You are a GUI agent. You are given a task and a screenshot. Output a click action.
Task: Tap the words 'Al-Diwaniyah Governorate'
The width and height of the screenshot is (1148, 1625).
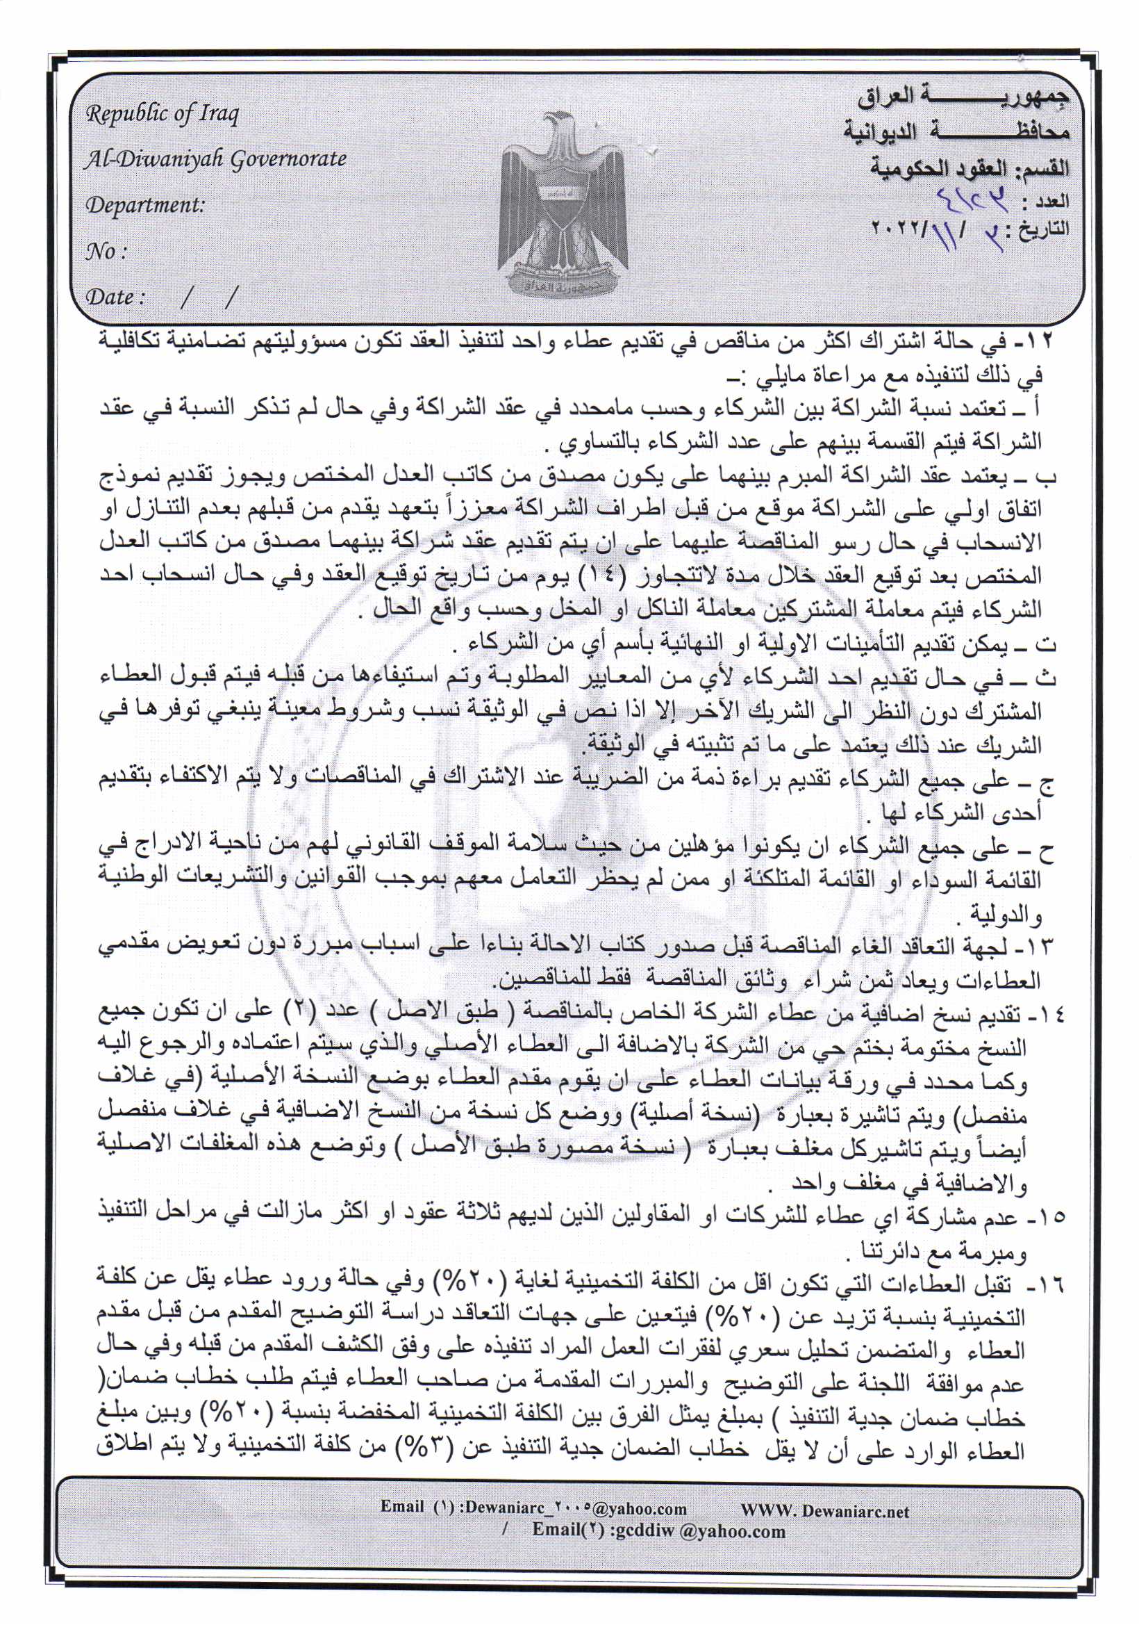click(215, 159)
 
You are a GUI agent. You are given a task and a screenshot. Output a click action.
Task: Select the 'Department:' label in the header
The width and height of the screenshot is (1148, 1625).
click(145, 205)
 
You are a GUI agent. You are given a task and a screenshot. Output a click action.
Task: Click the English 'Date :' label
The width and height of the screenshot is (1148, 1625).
click(115, 297)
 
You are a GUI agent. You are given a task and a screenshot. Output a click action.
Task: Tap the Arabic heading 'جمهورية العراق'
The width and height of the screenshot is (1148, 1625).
click(963, 97)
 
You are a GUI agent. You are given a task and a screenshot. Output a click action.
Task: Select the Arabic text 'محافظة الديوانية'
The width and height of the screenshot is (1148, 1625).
click(956, 132)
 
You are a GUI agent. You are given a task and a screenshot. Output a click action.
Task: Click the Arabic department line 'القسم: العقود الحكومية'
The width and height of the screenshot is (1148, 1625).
click(969, 168)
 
